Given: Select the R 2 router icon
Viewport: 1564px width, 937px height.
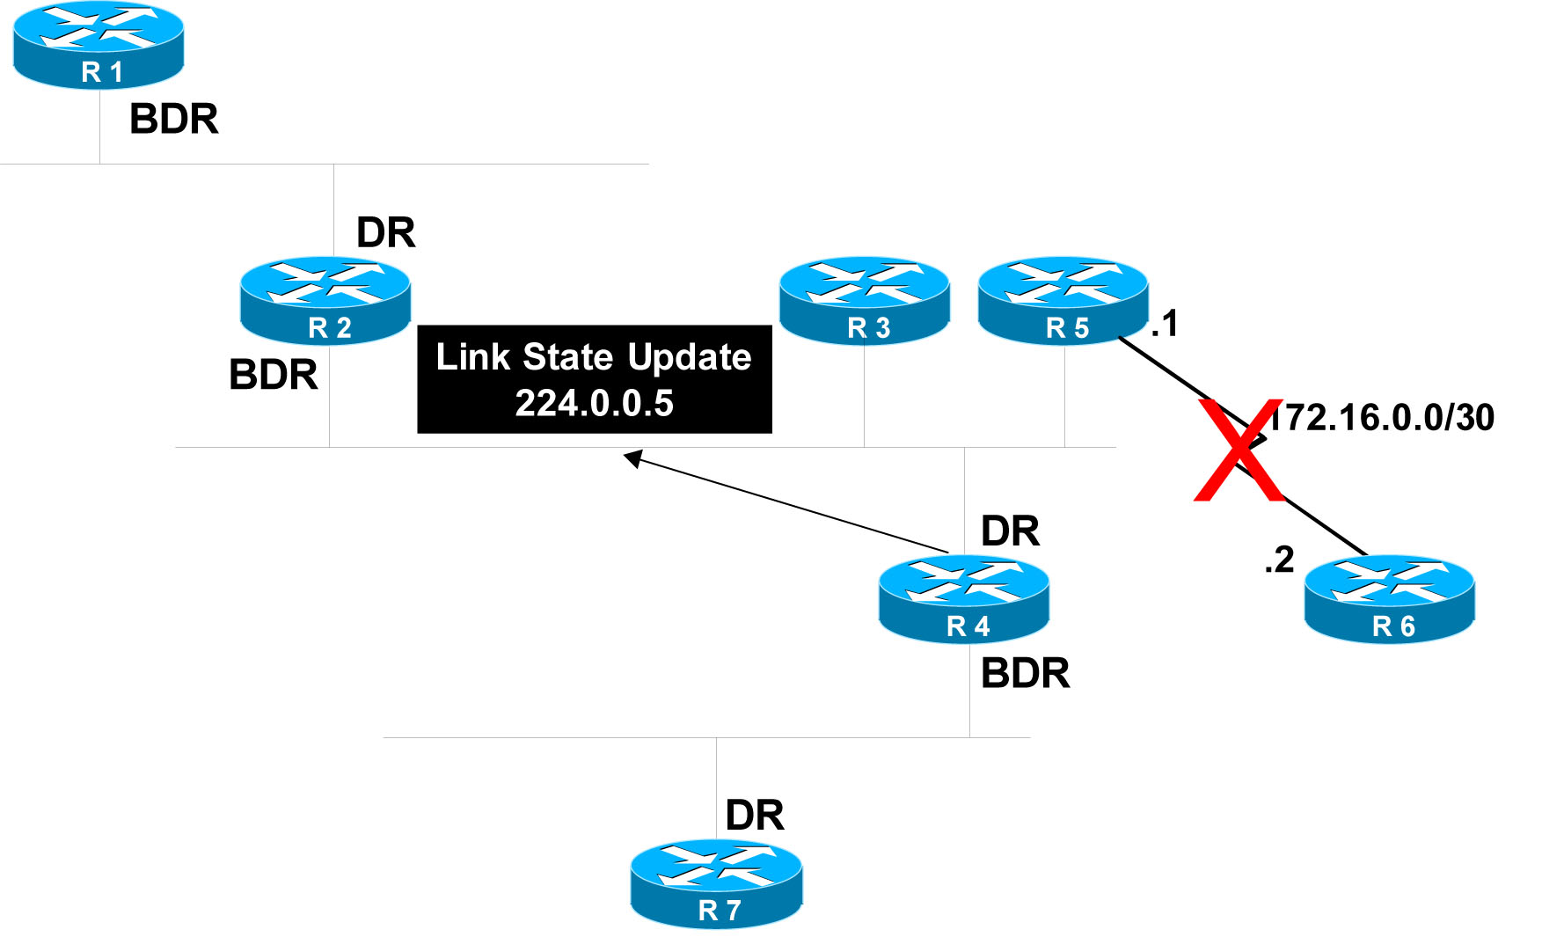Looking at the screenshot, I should [x=325, y=301].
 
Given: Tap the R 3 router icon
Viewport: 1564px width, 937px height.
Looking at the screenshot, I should [x=865, y=301].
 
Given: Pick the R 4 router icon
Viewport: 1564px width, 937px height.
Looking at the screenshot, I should [x=964, y=599].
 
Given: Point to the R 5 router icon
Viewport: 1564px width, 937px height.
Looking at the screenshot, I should [x=1063, y=301].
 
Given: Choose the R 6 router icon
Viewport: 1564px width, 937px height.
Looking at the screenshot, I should [x=1390, y=599].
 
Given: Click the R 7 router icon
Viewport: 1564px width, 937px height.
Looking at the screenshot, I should [x=716, y=883].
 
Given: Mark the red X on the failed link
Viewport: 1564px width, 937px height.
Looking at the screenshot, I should [x=1239, y=450].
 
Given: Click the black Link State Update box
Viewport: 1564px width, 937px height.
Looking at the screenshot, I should [x=595, y=379].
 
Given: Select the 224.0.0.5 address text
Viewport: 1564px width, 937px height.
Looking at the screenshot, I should [x=595, y=404].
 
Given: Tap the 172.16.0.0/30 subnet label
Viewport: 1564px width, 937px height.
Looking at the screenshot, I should [x=1382, y=418].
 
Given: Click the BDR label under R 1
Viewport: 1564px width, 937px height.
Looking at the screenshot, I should [x=174, y=120].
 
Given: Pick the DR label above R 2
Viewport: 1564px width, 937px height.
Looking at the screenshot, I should [x=386, y=233].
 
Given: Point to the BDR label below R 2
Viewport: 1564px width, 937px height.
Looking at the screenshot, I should [x=274, y=375].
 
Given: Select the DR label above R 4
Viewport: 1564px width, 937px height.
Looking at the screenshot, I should [x=1011, y=531].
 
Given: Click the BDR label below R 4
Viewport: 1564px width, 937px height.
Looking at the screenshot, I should [x=1026, y=674].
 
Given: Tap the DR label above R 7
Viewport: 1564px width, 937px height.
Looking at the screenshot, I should [x=755, y=816].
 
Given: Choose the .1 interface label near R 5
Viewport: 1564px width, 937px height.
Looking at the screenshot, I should [x=1165, y=324].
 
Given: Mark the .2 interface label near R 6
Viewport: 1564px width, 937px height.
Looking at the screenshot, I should [x=1279, y=560].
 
